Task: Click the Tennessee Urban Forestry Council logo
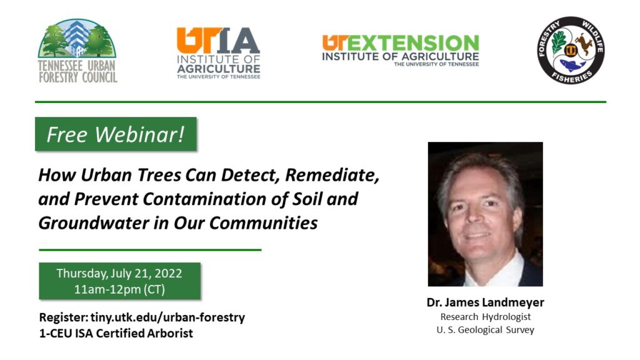77,51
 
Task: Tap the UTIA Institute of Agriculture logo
218,53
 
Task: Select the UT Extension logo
401,51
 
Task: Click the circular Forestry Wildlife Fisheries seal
571,50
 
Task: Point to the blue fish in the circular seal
572,65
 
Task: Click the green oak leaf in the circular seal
558,43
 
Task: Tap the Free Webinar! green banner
116,134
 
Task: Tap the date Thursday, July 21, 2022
119,273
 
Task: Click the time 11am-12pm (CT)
119,289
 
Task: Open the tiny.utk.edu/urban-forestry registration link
167,317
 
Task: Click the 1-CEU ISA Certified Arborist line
116,333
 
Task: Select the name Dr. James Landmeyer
485,302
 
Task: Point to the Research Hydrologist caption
485,317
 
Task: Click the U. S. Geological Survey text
485,330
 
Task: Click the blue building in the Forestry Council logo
76,37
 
